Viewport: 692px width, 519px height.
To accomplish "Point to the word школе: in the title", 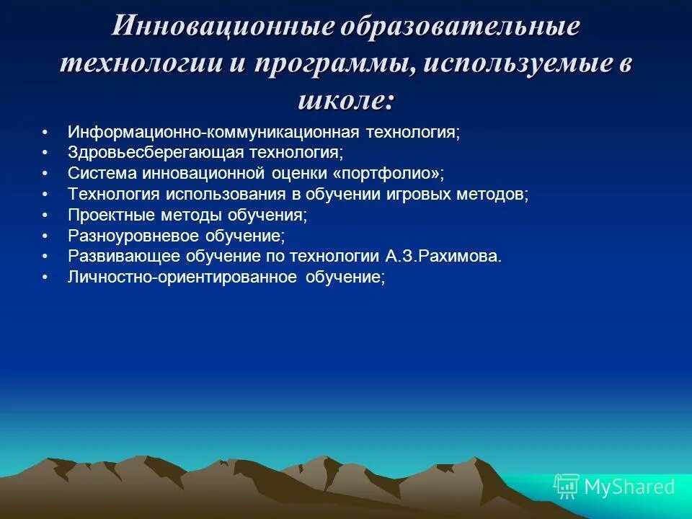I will (x=346, y=99).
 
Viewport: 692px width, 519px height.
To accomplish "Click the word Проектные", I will (x=108, y=216).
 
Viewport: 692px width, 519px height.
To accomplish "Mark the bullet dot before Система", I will (x=45, y=174).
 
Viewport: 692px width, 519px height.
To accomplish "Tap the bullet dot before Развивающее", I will (x=45, y=257).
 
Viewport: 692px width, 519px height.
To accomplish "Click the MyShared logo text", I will (x=629, y=487).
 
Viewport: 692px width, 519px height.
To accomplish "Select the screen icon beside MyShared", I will (x=567, y=487).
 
